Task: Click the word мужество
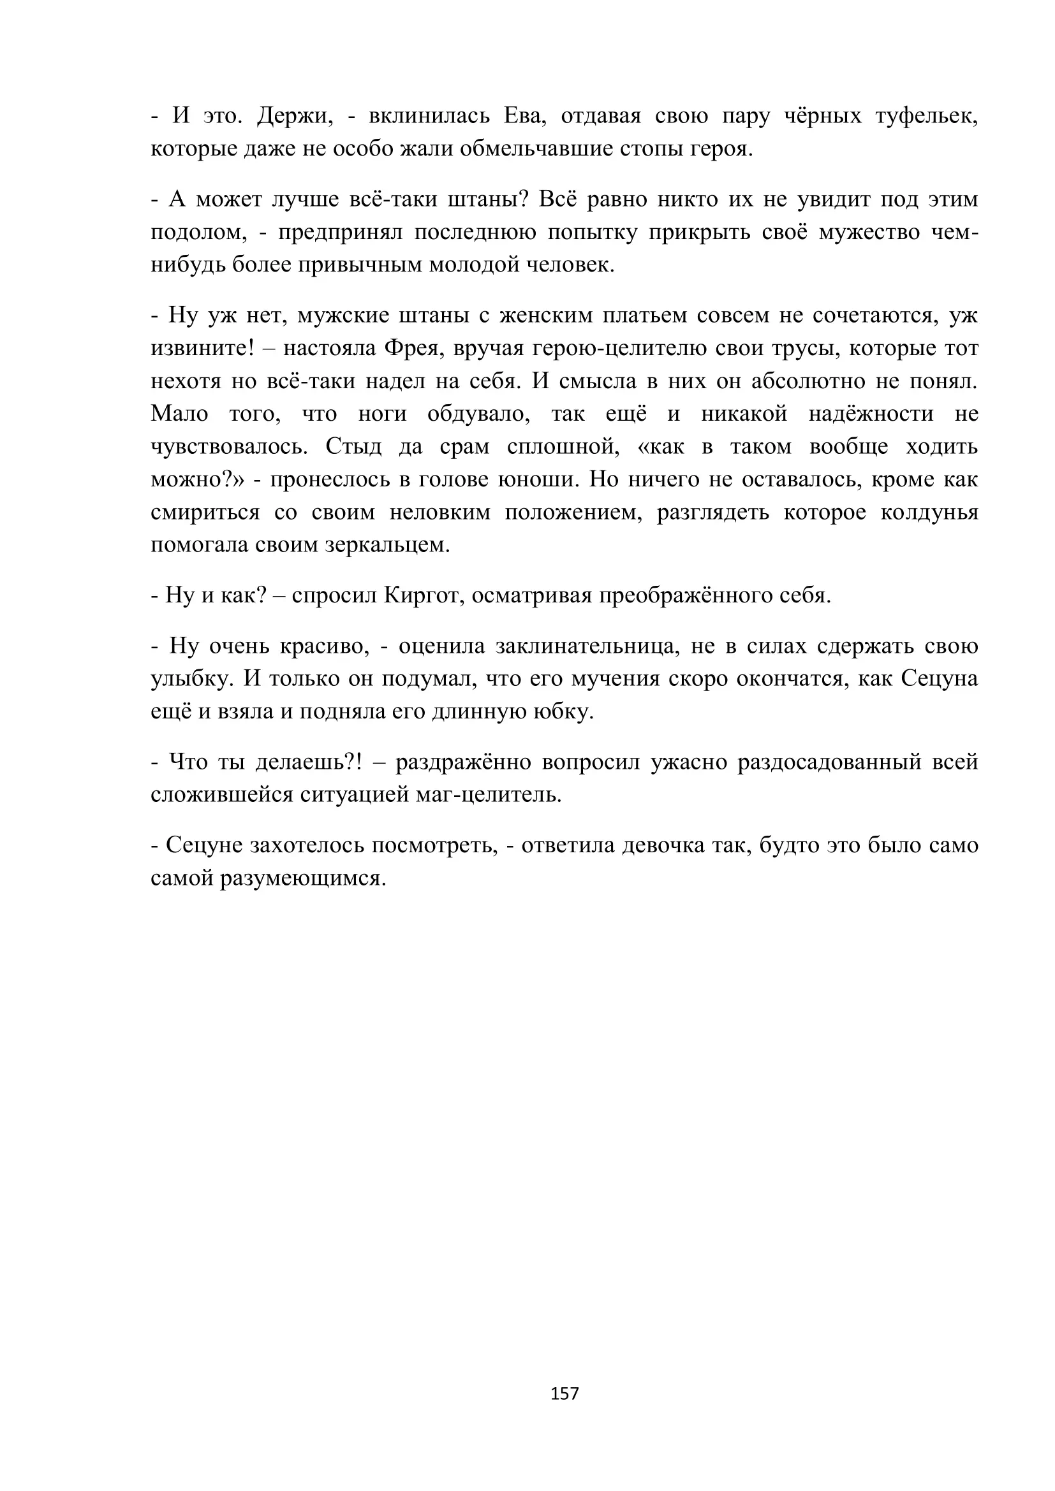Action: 869,232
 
